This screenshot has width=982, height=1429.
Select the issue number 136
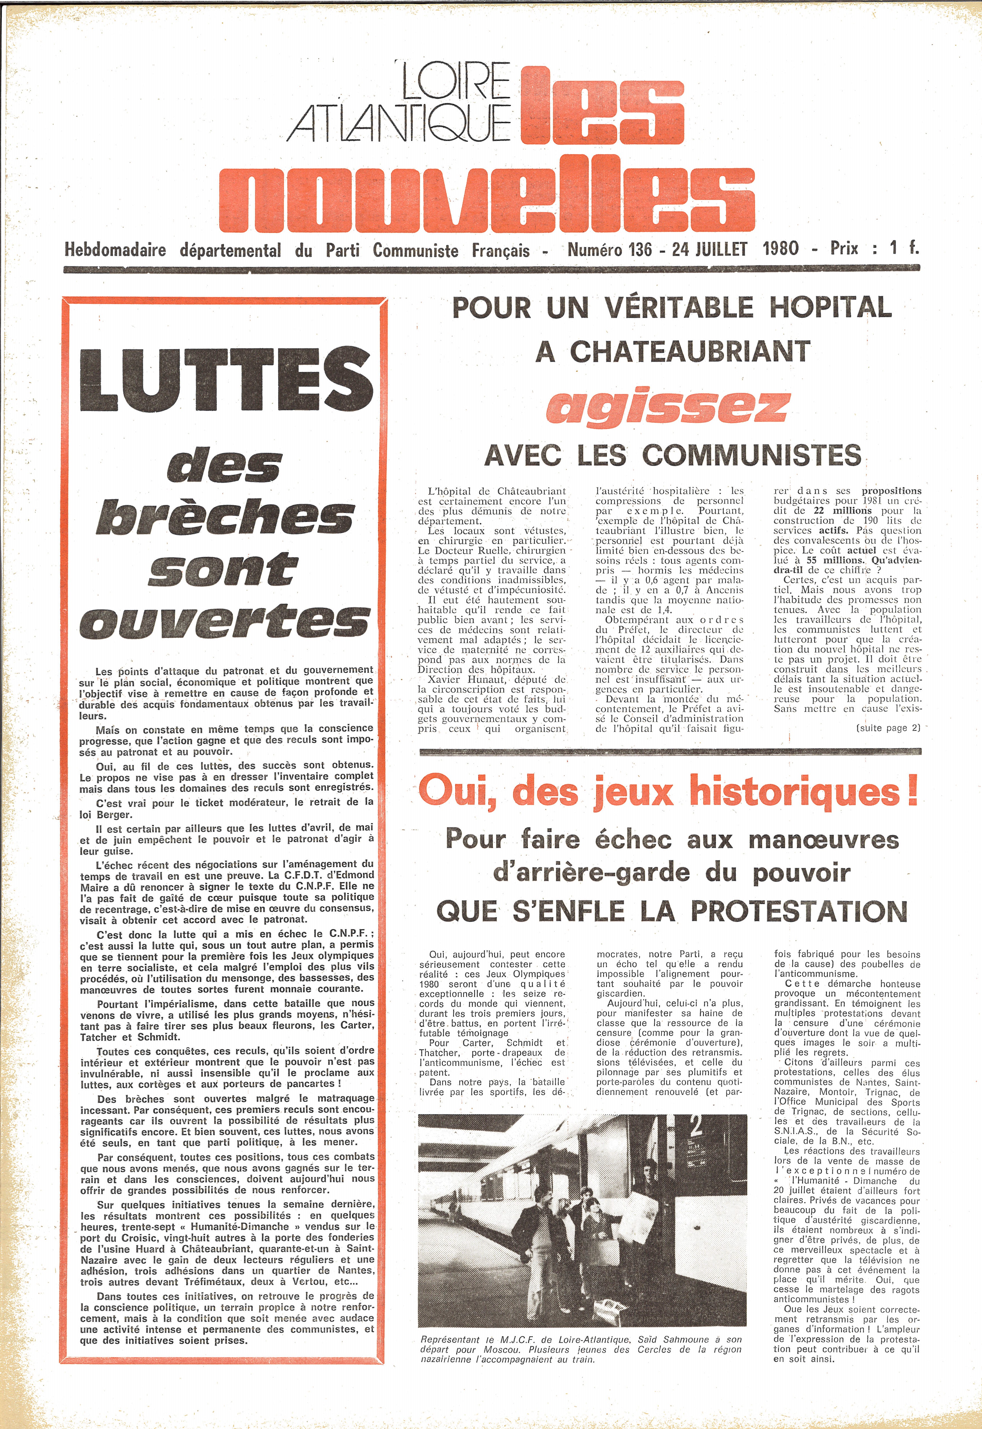(x=640, y=249)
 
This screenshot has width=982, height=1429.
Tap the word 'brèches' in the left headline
(x=225, y=517)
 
